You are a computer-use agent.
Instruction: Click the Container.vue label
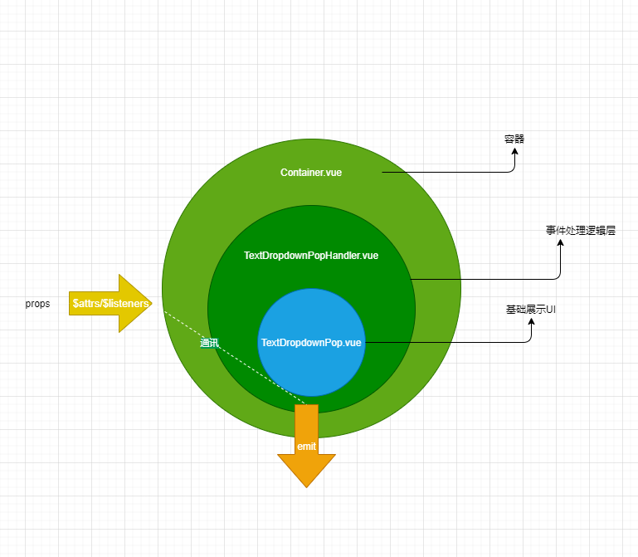(x=311, y=173)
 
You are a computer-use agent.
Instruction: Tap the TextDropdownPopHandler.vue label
(x=311, y=256)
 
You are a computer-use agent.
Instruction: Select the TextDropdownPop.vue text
(x=311, y=342)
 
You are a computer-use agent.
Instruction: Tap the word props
(x=37, y=304)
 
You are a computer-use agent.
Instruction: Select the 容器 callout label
(x=514, y=139)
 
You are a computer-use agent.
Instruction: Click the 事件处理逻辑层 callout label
(x=581, y=232)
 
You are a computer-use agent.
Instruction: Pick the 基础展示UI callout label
(x=530, y=309)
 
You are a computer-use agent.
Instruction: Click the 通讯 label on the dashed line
(x=209, y=342)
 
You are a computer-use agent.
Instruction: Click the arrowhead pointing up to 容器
(x=514, y=152)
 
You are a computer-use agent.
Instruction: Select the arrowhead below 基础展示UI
(x=531, y=321)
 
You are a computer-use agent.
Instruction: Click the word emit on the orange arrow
(x=306, y=447)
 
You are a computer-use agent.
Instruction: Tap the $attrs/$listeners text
(x=110, y=304)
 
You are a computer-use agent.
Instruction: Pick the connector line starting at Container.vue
(x=448, y=173)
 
